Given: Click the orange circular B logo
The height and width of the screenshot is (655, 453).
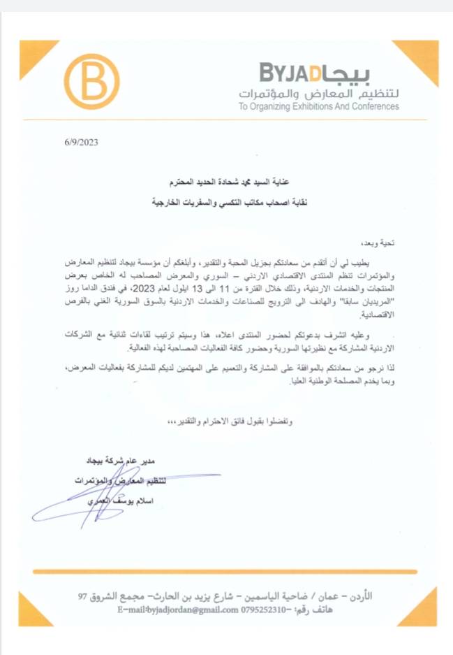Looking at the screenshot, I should point(91,82).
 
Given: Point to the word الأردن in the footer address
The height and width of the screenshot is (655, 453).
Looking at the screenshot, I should point(359,596).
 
